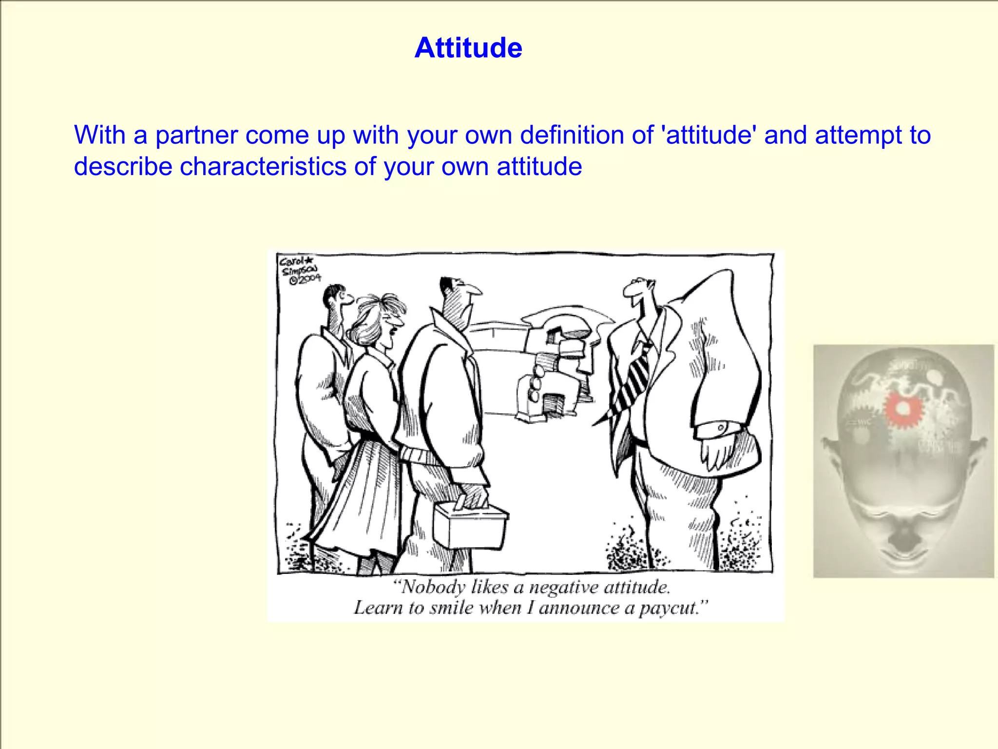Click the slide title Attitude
[468, 48]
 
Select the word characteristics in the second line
[263, 167]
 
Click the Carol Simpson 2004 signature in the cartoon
[299, 270]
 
